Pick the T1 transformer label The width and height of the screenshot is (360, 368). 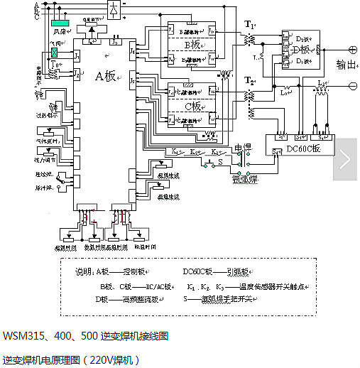pos(250,26)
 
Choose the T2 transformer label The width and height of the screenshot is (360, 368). pos(250,82)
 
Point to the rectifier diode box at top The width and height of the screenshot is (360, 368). pos(114,9)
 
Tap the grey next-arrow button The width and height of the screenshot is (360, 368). pos(344,159)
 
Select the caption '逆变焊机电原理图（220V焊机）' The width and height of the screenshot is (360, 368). pos(72,359)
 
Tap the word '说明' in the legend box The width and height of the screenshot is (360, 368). pos(84,271)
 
